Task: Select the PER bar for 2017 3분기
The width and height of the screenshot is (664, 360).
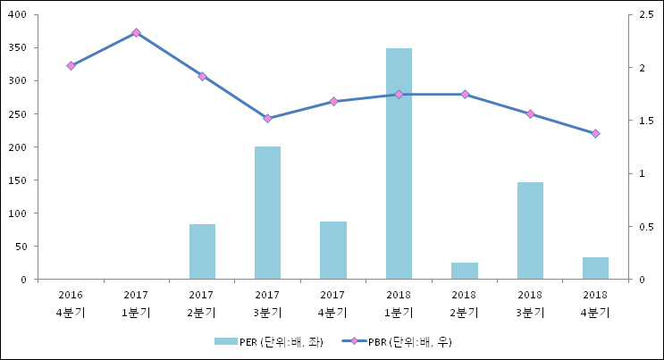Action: point(267,213)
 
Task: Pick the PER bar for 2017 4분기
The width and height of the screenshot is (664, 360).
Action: point(333,250)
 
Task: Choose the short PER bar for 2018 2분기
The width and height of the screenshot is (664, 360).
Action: point(464,271)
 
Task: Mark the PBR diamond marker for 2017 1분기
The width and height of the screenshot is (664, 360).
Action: point(136,32)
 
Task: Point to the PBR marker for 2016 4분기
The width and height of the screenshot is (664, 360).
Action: point(71,65)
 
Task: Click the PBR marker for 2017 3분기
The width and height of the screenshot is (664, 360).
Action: point(267,118)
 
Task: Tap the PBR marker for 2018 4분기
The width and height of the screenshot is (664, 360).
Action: point(595,133)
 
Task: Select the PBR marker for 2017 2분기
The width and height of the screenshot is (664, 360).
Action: point(202,76)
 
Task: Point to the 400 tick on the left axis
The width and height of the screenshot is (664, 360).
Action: point(18,15)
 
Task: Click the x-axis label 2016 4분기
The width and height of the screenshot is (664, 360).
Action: point(71,303)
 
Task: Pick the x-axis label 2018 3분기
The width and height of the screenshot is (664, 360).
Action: point(530,303)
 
